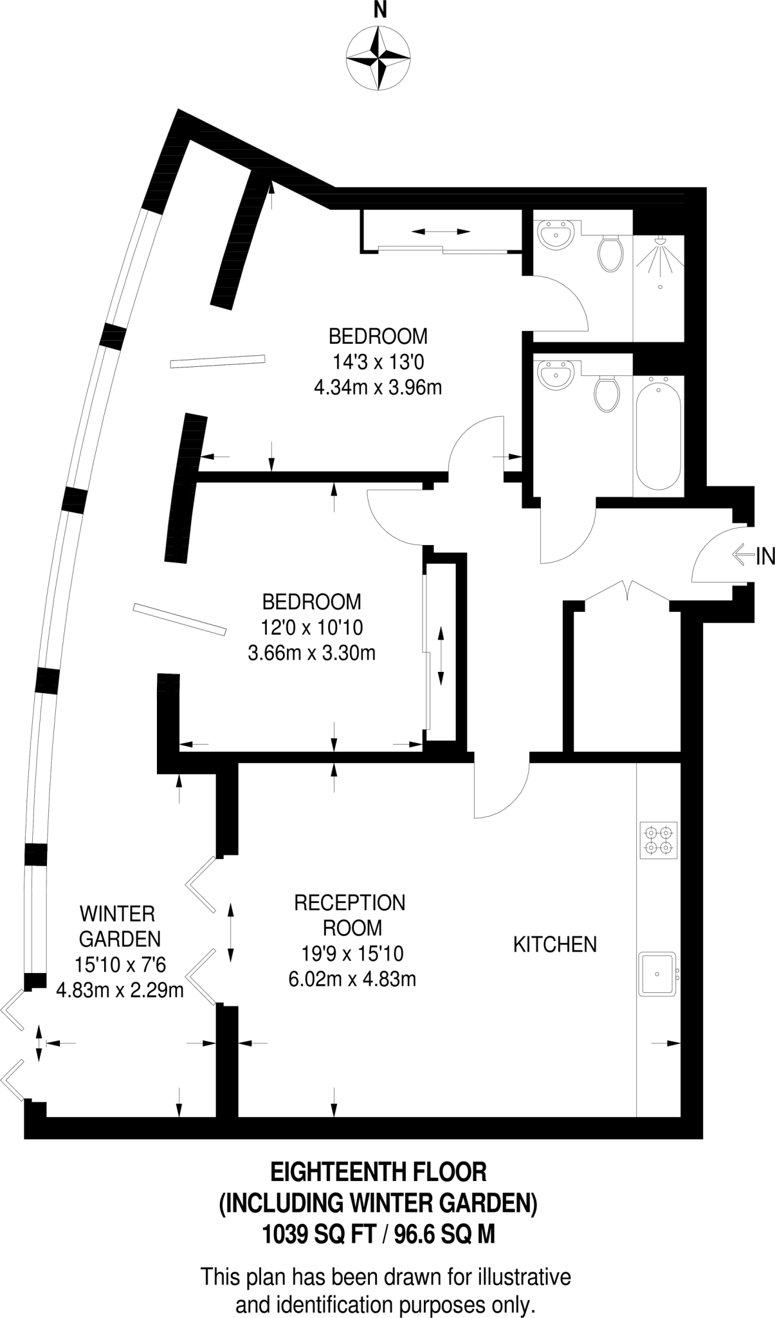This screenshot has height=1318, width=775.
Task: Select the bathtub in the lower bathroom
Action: coord(657,432)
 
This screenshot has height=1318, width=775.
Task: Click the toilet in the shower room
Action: coord(610,253)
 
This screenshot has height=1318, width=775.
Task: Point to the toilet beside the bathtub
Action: coord(606,393)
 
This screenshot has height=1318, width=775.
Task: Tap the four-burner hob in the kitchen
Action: coord(659,840)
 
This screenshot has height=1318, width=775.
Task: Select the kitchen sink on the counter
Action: coord(657,974)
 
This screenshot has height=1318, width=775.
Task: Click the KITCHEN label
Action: coord(554,945)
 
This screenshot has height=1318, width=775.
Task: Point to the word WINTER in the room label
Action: coord(117,913)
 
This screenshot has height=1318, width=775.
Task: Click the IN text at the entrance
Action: coord(765,556)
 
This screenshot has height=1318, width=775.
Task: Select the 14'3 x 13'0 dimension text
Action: coord(378,362)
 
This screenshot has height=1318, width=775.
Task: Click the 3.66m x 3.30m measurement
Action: coord(311,654)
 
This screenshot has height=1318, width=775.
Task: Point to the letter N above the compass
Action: coord(381,10)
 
